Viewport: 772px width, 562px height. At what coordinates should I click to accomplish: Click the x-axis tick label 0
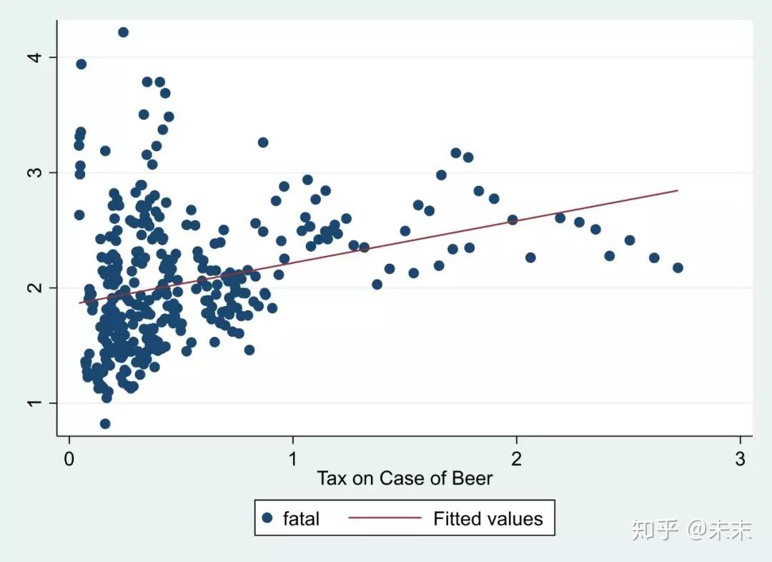point(69,458)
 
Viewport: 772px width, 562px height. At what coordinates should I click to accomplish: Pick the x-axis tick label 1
point(292,458)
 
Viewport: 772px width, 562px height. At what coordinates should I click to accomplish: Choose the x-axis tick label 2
point(516,458)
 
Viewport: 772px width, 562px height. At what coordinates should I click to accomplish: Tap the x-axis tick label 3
point(740,458)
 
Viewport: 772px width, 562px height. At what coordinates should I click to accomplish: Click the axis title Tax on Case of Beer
point(405,478)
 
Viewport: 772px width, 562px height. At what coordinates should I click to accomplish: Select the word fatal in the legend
point(301,518)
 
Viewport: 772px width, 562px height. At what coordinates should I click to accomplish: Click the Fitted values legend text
point(488,518)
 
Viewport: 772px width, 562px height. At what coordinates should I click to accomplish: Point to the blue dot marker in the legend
point(267,518)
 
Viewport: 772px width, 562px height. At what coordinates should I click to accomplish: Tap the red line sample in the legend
point(385,518)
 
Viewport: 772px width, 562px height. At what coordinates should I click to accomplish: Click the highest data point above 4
point(123,32)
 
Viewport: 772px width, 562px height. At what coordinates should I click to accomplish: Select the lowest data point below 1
point(105,423)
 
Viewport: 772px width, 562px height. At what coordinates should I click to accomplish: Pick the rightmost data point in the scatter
point(678,267)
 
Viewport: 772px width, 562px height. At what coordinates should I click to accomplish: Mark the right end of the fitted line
point(677,190)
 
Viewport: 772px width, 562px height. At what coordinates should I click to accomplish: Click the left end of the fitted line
point(79,302)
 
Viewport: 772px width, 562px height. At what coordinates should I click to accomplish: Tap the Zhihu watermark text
point(691,530)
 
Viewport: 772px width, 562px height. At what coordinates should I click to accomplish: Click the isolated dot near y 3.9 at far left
point(81,64)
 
